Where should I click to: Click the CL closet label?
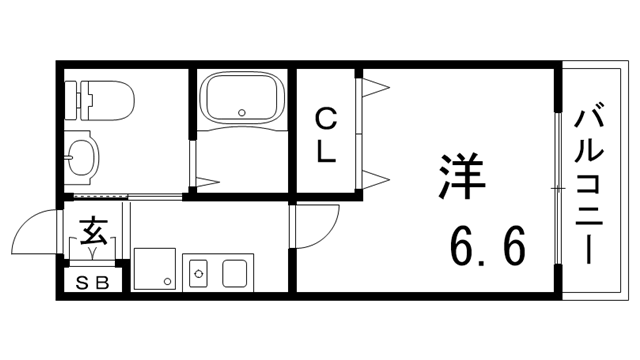click(x=326, y=137)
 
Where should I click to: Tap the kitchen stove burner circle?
click(x=198, y=271)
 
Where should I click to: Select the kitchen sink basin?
click(x=237, y=272)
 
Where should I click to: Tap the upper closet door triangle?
click(x=375, y=88)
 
